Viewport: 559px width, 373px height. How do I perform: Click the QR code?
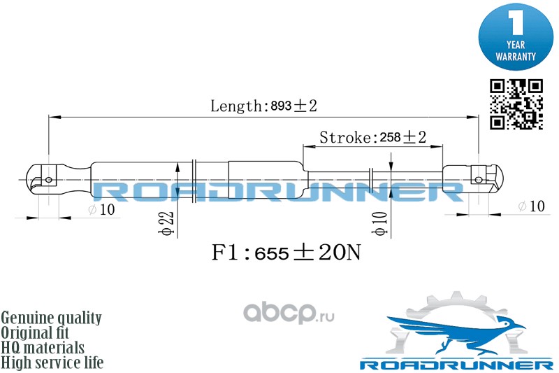pos(516,104)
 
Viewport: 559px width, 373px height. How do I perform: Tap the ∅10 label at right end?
pos(530,206)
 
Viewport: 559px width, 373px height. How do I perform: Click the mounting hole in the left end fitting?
pos(48,179)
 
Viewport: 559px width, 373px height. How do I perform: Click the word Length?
pos(235,106)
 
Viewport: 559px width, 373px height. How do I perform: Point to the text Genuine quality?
pos(52,318)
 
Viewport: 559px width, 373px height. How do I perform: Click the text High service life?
pos(52,363)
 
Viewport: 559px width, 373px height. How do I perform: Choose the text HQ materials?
pos(43,348)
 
